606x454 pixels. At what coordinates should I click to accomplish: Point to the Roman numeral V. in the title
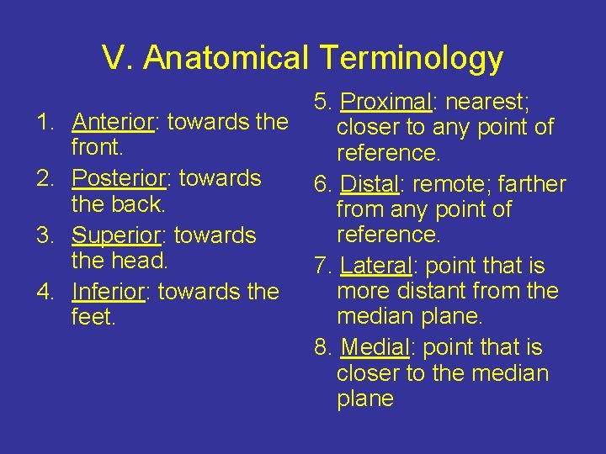click(x=118, y=58)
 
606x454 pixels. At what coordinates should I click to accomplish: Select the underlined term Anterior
click(x=112, y=122)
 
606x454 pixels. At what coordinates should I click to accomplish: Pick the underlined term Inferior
click(x=109, y=292)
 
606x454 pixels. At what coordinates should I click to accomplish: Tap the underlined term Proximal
click(x=385, y=102)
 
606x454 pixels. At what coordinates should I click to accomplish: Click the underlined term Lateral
click(x=375, y=266)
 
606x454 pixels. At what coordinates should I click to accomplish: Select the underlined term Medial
click(x=374, y=347)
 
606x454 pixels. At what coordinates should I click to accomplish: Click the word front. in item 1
click(x=98, y=148)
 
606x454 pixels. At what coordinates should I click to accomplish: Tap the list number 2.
click(x=45, y=178)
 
